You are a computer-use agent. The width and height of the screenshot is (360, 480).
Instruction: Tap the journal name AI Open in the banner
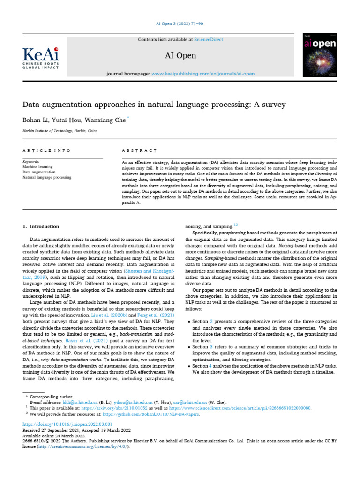[180, 56]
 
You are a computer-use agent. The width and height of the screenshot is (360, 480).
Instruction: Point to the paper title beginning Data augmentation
[154, 104]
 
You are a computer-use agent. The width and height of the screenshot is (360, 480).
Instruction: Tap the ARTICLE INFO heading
[47, 150]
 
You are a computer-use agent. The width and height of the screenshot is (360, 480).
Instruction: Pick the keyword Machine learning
[38, 167]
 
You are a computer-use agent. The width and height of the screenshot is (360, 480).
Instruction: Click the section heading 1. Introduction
[41, 226]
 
